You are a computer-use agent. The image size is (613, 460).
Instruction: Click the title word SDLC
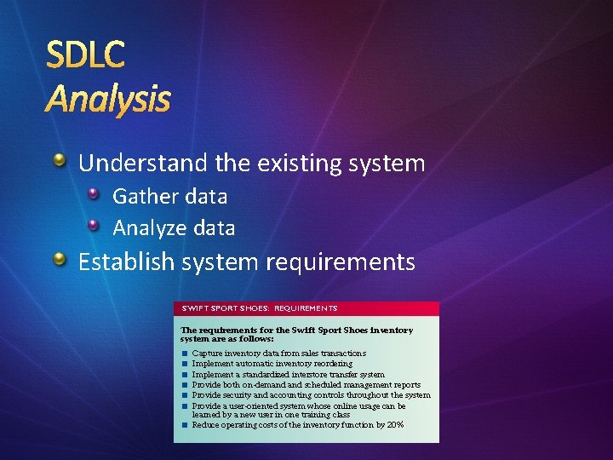[x=85, y=55]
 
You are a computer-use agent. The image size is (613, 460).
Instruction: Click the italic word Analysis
[x=108, y=100]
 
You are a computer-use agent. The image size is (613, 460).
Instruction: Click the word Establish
[x=124, y=262]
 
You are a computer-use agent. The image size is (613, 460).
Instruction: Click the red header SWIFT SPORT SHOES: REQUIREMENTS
[x=259, y=308]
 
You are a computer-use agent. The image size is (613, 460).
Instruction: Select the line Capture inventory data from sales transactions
[x=279, y=353]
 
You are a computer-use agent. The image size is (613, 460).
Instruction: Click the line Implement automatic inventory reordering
[x=272, y=363]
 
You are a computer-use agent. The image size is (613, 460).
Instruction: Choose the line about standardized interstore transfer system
[x=288, y=374]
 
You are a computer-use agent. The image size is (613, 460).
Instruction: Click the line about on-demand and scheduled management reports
[x=306, y=384]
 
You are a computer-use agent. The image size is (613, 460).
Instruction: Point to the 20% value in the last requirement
[x=395, y=424]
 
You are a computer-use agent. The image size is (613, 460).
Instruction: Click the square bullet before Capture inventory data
[x=184, y=353]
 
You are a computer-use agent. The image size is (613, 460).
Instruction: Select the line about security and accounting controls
[x=311, y=394]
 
